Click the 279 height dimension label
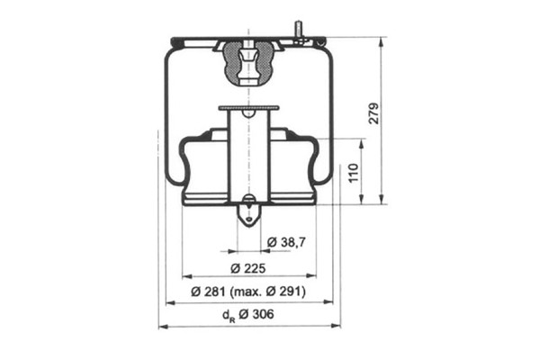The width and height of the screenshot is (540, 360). (x=373, y=113)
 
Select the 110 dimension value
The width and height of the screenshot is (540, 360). (x=354, y=173)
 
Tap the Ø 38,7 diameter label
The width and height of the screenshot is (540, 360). (x=286, y=242)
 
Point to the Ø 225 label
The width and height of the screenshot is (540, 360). (x=248, y=268)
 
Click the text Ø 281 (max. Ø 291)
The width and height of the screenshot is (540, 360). (x=248, y=292)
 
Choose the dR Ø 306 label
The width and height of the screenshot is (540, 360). (x=248, y=314)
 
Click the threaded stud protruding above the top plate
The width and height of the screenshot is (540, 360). (x=298, y=29)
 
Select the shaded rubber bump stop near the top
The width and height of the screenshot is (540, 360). (x=248, y=64)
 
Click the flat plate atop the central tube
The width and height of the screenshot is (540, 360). (x=248, y=108)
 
